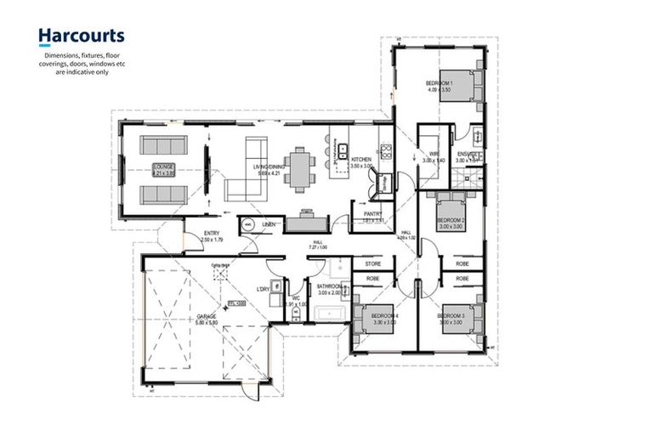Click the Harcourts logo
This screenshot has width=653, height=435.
(81, 36)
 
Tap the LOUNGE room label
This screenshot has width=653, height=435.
(163, 167)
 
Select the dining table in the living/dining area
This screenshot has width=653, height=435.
(298, 167)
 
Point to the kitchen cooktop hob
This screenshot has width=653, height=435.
(385, 152)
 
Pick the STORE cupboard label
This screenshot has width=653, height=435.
(372, 264)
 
